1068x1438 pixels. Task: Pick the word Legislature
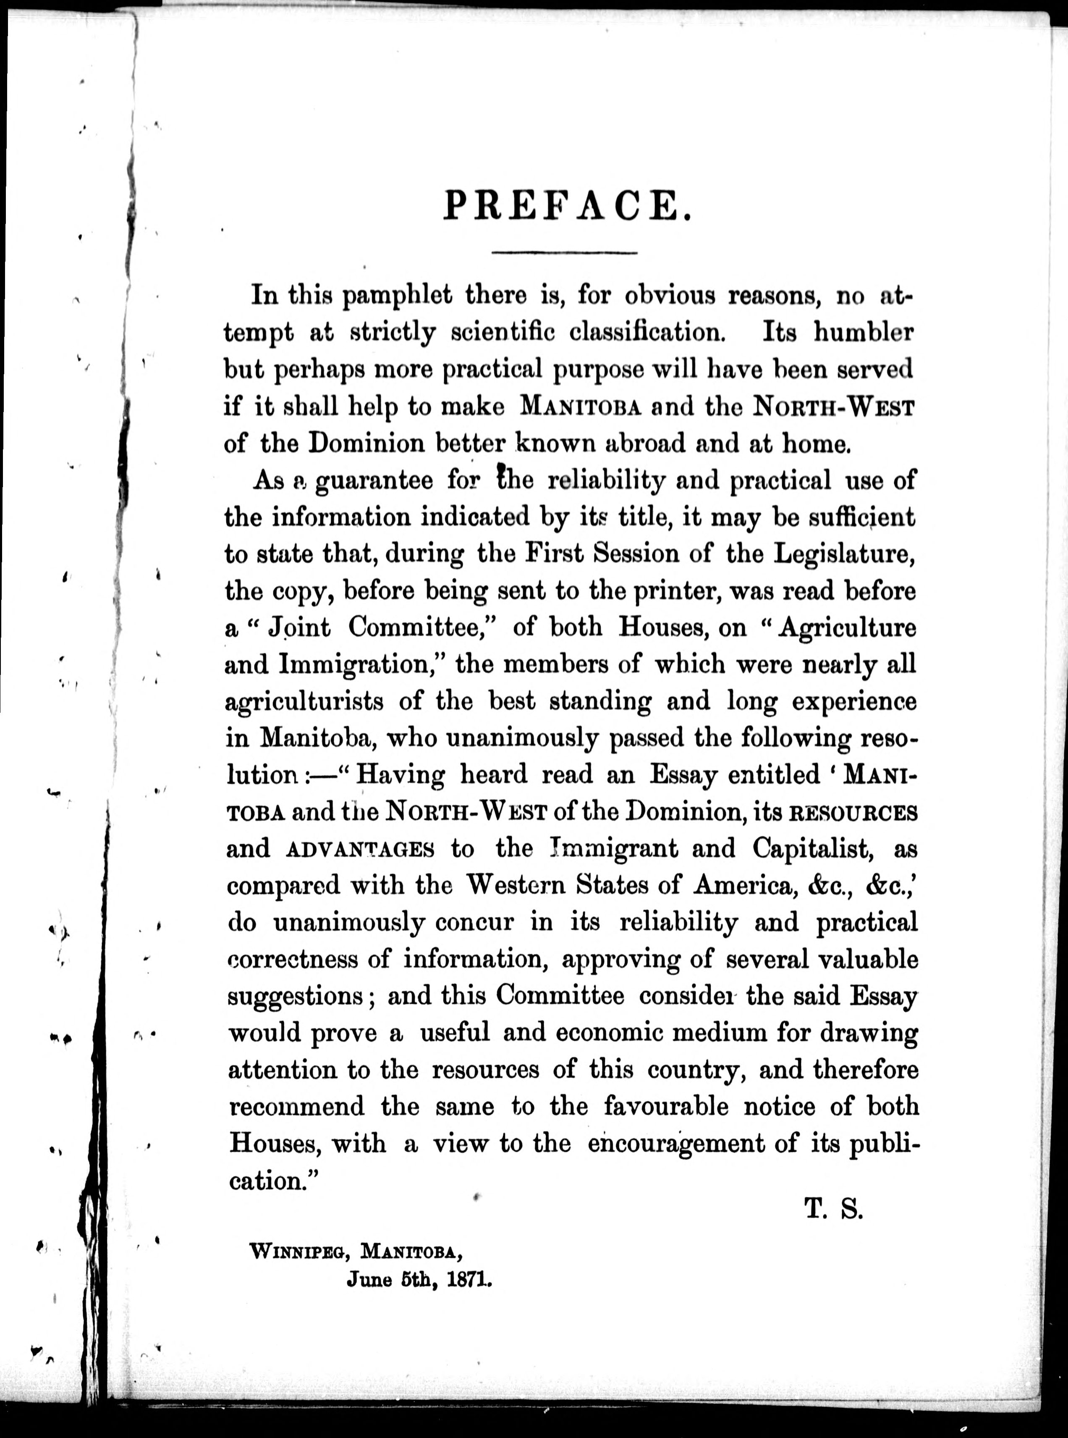[844, 554]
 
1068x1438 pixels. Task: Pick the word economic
[610, 1033]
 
